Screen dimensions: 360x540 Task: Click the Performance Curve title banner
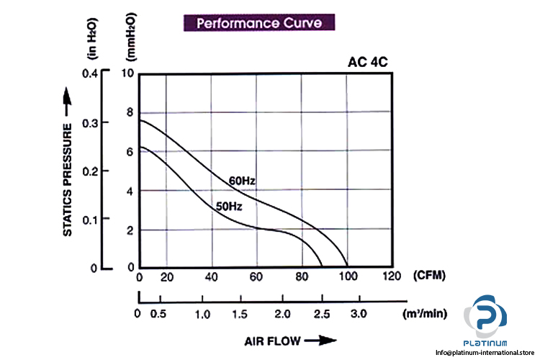coord(259,22)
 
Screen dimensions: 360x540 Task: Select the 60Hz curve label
coord(243,179)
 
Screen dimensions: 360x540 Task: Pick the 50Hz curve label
coord(228,207)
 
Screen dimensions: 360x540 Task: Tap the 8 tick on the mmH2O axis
coord(130,112)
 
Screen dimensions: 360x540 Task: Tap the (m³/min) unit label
coord(425,314)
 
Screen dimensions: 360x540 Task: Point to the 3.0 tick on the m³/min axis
coord(358,315)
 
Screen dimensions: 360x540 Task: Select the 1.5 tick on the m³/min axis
coord(243,315)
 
